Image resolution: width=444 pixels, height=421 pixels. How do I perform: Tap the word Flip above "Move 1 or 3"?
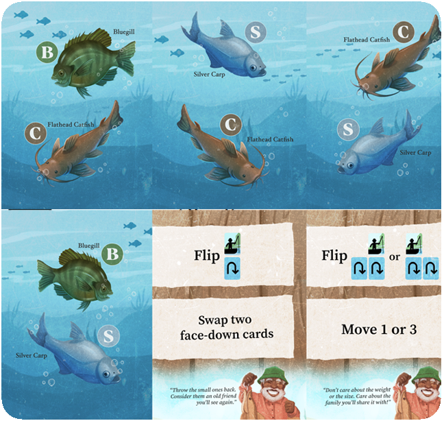pos(334,256)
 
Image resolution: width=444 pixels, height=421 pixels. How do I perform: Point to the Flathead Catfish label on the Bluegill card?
pos(66,125)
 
